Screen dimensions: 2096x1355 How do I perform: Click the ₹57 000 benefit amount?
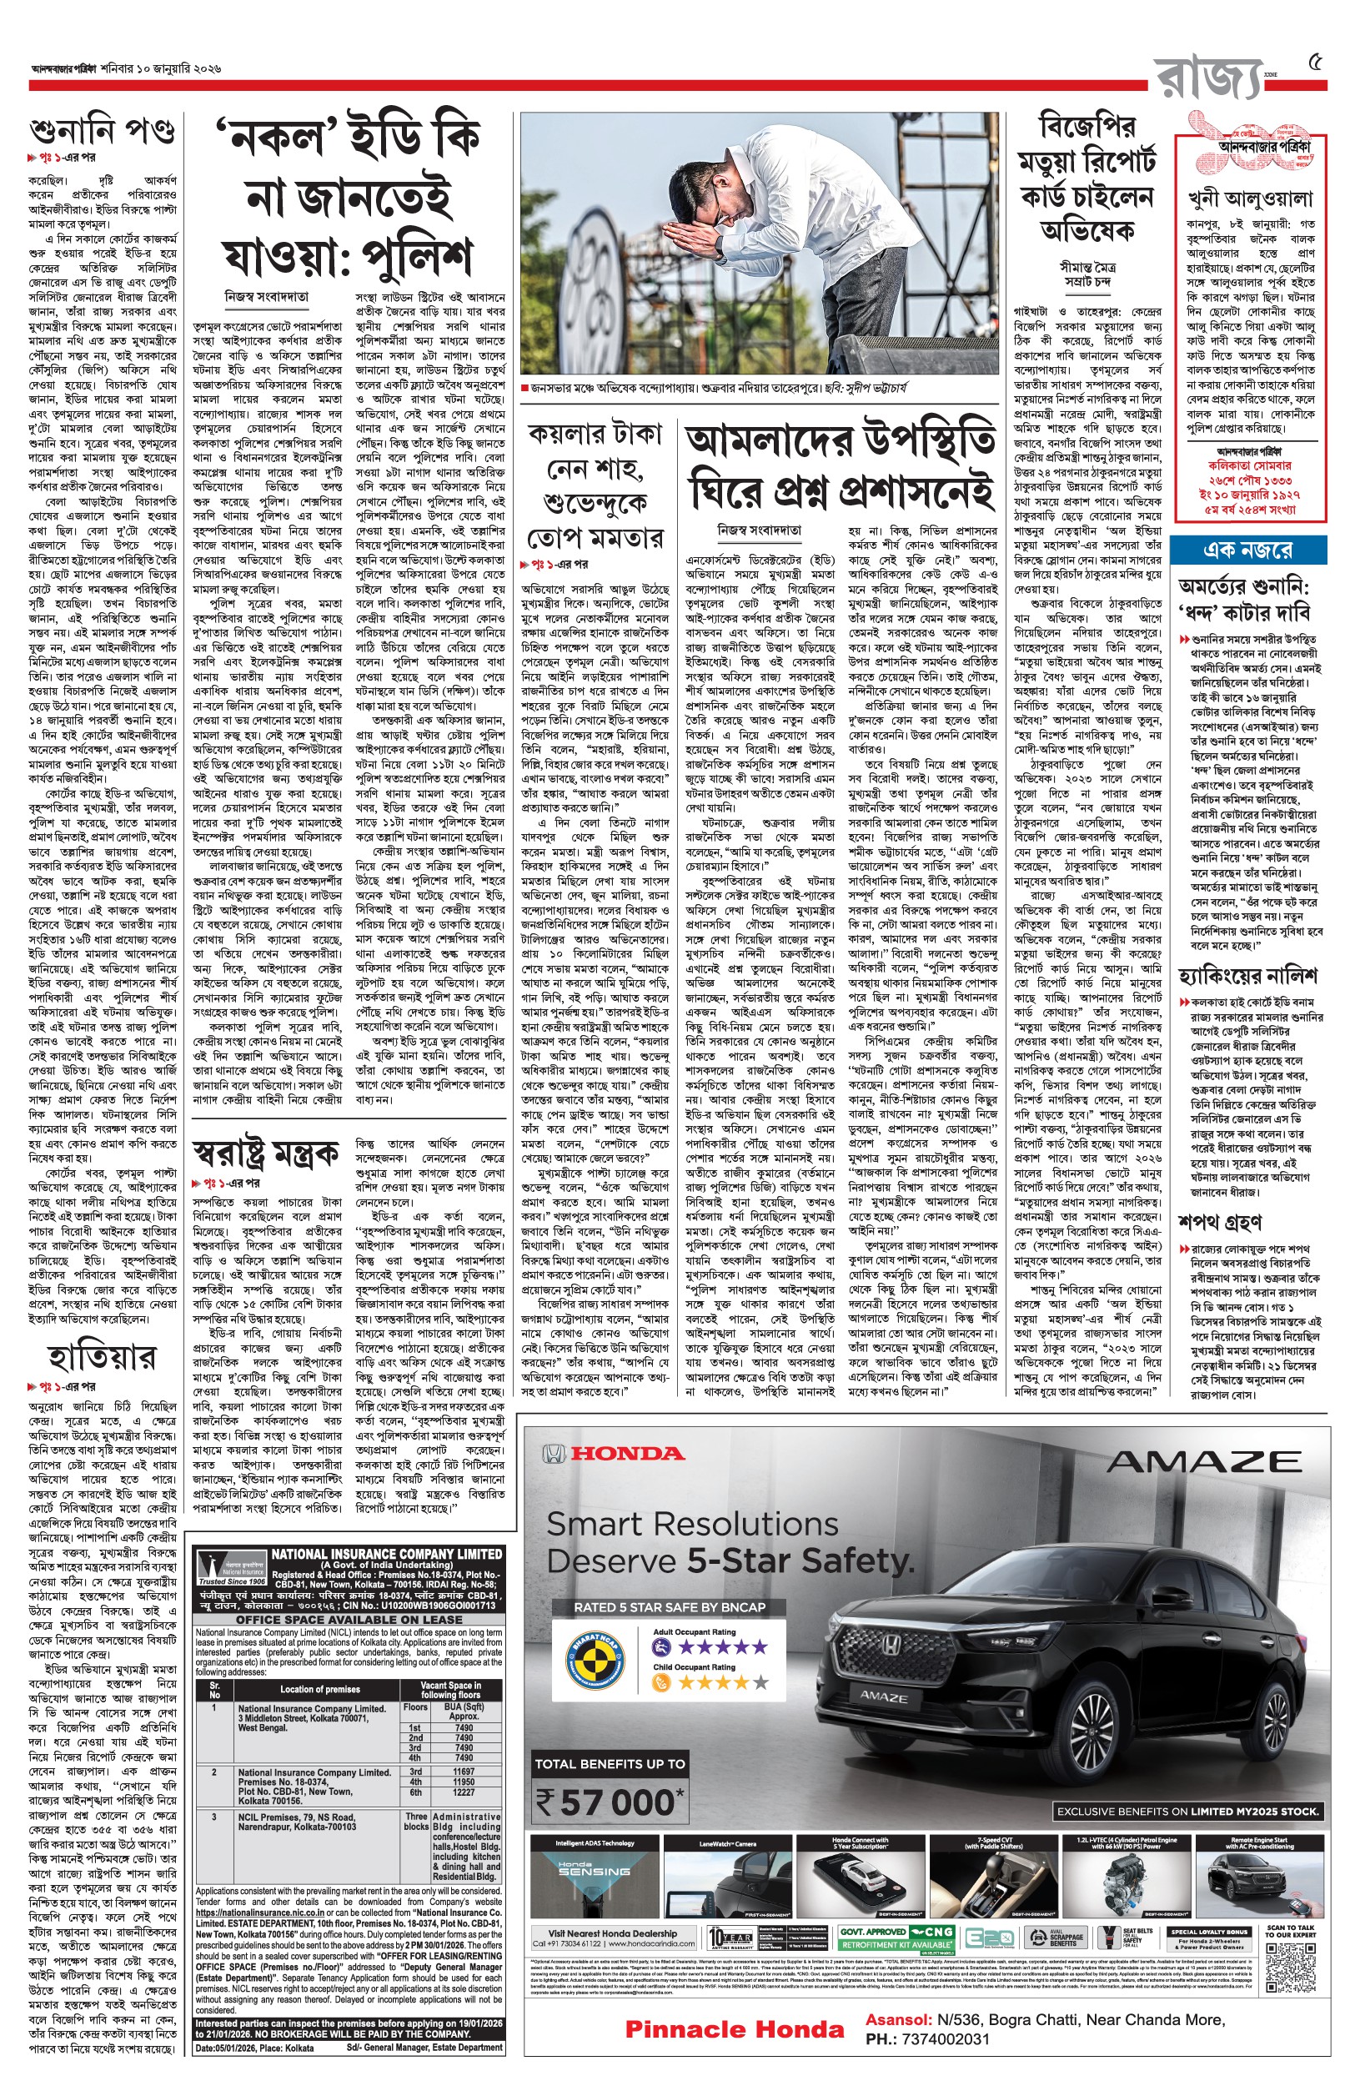[x=610, y=1803]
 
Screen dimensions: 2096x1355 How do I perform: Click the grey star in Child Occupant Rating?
[x=760, y=1682]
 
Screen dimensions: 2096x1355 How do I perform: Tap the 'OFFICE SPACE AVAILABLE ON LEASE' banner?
[x=349, y=1619]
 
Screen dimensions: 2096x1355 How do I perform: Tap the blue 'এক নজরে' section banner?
[x=1248, y=550]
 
